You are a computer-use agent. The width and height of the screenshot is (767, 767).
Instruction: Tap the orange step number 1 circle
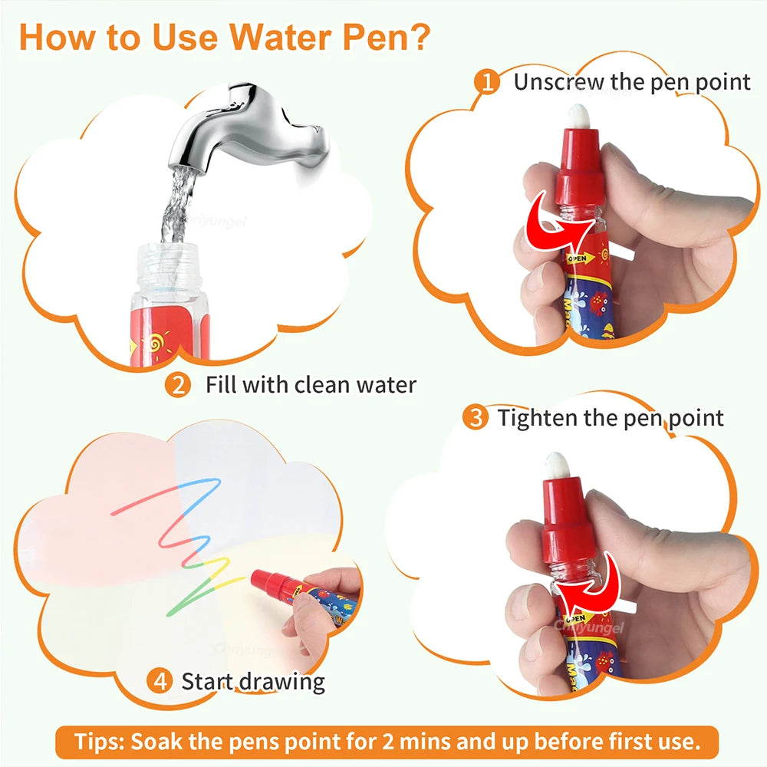point(487,81)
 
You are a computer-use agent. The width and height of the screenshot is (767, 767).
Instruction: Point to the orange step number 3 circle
point(476,418)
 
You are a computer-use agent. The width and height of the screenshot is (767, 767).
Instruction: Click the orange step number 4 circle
point(159,680)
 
